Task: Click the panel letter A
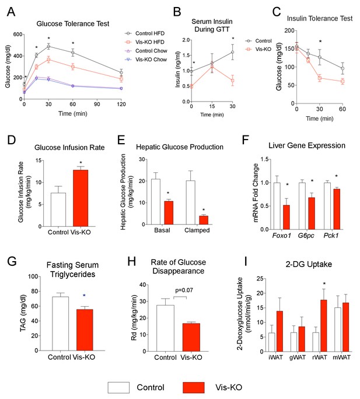(x=11, y=12)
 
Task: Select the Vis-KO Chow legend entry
(x=146, y=60)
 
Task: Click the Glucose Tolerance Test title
(x=73, y=24)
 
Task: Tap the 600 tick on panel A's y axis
(x=18, y=34)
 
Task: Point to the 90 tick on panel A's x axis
(x=97, y=104)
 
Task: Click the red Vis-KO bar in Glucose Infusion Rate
(x=81, y=198)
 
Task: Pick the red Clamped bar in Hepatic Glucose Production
(x=204, y=220)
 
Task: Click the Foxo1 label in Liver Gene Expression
(x=281, y=235)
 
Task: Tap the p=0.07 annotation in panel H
(x=184, y=290)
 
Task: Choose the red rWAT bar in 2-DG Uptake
(x=324, y=326)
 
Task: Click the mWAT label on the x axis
(x=341, y=358)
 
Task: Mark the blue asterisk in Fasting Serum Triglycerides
(x=84, y=296)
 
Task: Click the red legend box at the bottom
(x=194, y=387)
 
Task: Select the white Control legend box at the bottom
(x=118, y=387)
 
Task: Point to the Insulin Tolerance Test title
(x=320, y=19)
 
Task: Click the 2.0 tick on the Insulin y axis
(x=186, y=40)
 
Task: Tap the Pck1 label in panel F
(x=331, y=235)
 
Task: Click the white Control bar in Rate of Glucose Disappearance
(x=166, y=328)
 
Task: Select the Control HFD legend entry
(x=144, y=33)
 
